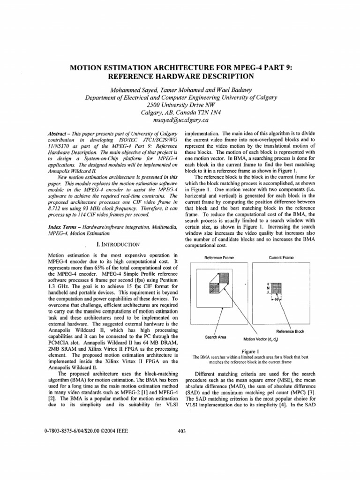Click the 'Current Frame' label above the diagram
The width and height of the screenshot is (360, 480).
281,258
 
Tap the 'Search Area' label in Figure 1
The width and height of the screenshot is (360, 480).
216,337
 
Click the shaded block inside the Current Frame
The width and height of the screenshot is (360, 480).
275,287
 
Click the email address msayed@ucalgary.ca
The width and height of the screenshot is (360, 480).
180,120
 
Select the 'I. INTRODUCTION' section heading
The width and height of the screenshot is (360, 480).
117,244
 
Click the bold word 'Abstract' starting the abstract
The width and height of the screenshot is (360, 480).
58,134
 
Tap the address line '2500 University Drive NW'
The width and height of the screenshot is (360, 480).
180,105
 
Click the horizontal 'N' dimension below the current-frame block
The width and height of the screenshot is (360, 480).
275,299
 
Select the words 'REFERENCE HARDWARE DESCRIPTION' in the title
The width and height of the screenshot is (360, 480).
180,76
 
